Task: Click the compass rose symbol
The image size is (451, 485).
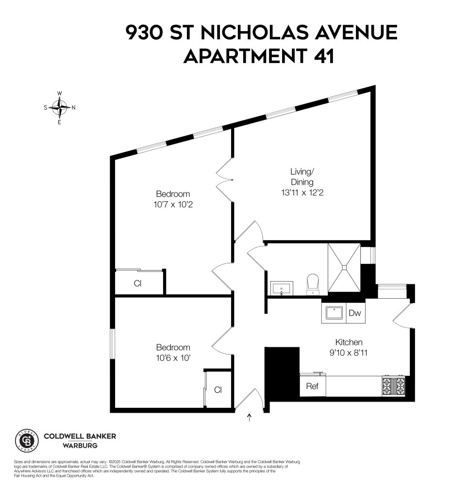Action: click(60, 108)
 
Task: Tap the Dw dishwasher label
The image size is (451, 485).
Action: click(355, 313)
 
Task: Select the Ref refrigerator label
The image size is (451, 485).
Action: click(312, 387)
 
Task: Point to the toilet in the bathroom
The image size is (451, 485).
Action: click(313, 284)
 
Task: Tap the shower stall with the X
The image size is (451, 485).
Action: click(344, 267)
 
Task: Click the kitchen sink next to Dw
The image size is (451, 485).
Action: click(334, 313)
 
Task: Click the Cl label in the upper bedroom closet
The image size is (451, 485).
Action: click(137, 284)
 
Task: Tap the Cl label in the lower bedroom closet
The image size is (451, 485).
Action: click(218, 390)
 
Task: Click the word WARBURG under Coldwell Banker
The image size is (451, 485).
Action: click(80, 445)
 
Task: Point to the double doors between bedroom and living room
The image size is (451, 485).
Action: click(225, 180)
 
